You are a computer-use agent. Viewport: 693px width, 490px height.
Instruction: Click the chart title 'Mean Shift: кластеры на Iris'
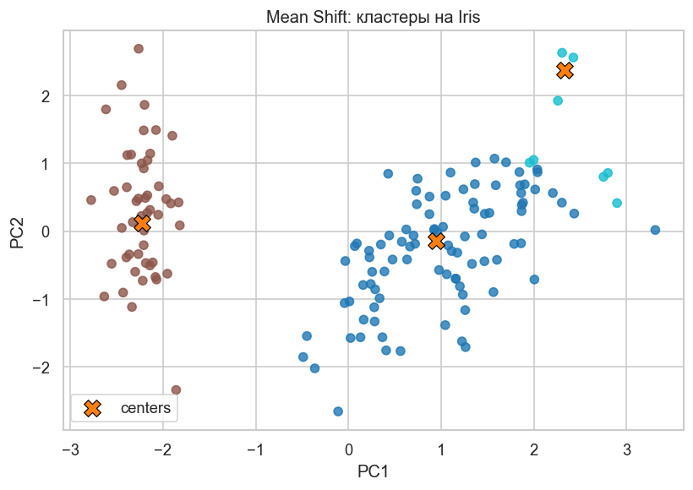pyautogui.click(x=373, y=17)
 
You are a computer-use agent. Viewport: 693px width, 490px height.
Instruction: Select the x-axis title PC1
pyautogui.click(x=373, y=469)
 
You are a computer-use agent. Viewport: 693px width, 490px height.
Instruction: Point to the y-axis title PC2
pyautogui.click(x=18, y=231)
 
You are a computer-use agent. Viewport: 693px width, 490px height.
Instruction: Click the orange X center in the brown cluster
pyautogui.click(x=142, y=223)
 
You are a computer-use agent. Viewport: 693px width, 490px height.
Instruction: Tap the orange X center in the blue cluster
pyautogui.click(x=436, y=241)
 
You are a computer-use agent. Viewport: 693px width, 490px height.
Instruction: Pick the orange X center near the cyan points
pyautogui.click(x=565, y=71)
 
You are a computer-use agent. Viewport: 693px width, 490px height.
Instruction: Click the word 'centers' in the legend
pyautogui.click(x=146, y=409)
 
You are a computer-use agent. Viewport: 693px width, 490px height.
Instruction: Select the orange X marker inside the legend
pyautogui.click(x=92, y=409)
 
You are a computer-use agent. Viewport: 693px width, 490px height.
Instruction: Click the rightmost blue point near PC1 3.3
pyautogui.click(x=655, y=230)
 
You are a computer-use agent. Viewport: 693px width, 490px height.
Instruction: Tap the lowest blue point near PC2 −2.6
pyautogui.click(x=338, y=411)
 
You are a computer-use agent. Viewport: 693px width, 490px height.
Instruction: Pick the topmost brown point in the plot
pyautogui.click(x=139, y=49)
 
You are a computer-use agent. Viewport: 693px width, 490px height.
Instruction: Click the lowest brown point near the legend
pyautogui.click(x=176, y=390)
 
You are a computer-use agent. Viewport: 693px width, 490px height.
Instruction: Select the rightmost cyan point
pyautogui.click(x=617, y=204)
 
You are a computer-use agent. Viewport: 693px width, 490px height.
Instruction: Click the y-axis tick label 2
pyautogui.click(x=46, y=96)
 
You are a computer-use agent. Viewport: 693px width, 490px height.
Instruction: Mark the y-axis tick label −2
pyautogui.click(x=42, y=367)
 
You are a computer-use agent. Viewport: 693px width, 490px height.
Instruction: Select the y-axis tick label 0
pyautogui.click(x=46, y=231)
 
